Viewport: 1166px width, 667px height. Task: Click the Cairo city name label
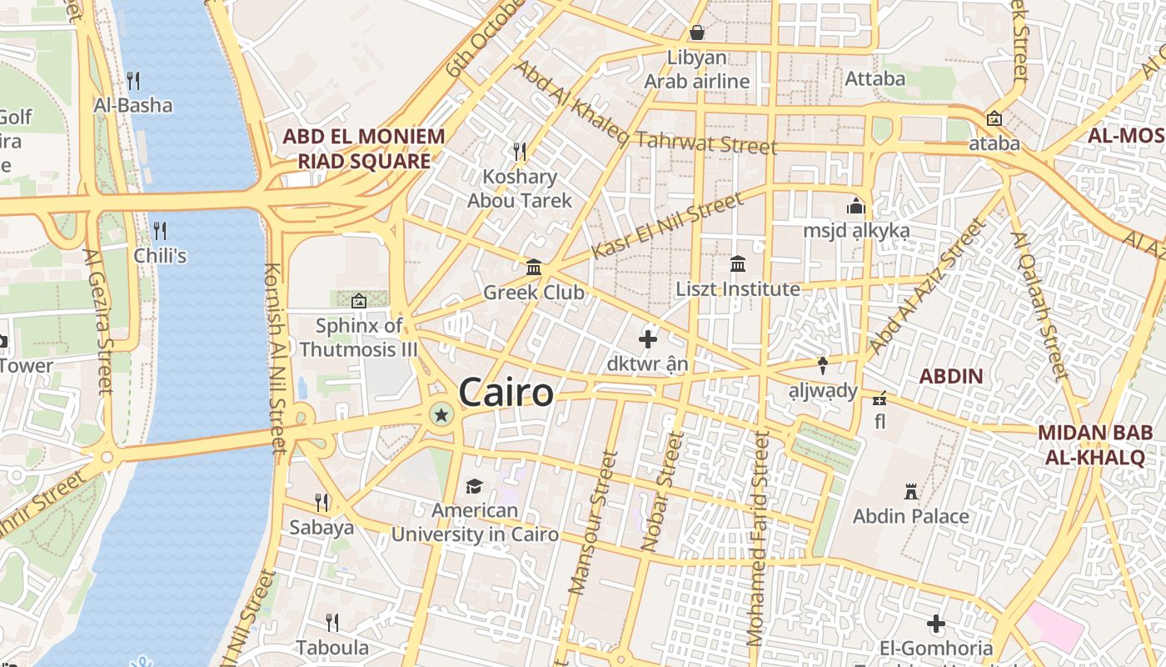pyautogui.click(x=506, y=393)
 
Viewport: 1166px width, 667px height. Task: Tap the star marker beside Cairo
pyautogui.click(x=441, y=414)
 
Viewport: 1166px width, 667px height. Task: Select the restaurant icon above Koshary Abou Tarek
pyautogui.click(x=520, y=151)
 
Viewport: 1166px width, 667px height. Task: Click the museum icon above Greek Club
pyautogui.click(x=534, y=267)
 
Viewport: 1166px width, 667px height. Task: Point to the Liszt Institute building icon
pyautogui.click(x=738, y=264)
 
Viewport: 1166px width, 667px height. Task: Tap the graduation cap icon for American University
pyautogui.click(x=474, y=486)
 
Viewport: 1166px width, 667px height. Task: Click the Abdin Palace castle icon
pyautogui.click(x=911, y=492)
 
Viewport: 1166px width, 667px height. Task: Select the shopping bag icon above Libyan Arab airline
pyautogui.click(x=697, y=33)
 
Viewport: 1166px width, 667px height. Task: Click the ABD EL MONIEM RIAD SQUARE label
pyautogui.click(x=364, y=148)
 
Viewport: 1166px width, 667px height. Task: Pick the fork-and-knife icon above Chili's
pyautogui.click(x=160, y=230)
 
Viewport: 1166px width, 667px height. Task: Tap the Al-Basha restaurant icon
pyautogui.click(x=133, y=80)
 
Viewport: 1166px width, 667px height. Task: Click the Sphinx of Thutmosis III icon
pyautogui.click(x=359, y=301)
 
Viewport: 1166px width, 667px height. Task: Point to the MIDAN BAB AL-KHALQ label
pyautogui.click(x=1095, y=444)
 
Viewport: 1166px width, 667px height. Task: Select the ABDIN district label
pyautogui.click(x=951, y=376)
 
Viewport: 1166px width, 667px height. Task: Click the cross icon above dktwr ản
pyautogui.click(x=647, y=339)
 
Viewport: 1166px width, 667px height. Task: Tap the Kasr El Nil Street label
pyautogui.click(x=666, y=227)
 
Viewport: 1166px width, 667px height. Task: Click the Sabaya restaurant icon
pyautogui.click(x=321, y=502)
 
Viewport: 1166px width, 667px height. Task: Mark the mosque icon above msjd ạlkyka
pyautogui.click(x=856, y=206)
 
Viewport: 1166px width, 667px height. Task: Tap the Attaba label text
pyautogui.click(x=874, y=78)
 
